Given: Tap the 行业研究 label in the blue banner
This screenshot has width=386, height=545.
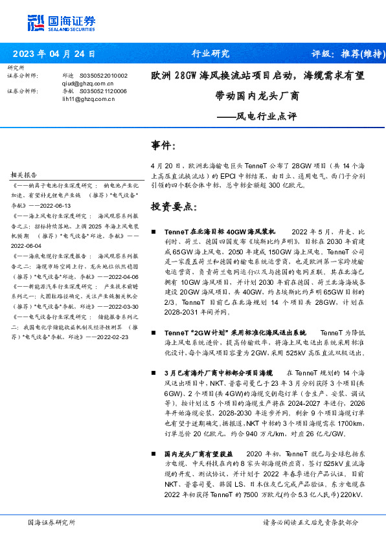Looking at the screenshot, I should point(211,54).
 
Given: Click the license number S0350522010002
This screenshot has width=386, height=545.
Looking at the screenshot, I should point(104,76).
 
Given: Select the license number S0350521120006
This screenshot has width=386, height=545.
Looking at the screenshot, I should point(104,91).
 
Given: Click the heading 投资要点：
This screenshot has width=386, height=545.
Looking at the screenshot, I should point(173,206).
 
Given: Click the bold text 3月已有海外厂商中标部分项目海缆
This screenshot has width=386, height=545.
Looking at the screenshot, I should point(220,373).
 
